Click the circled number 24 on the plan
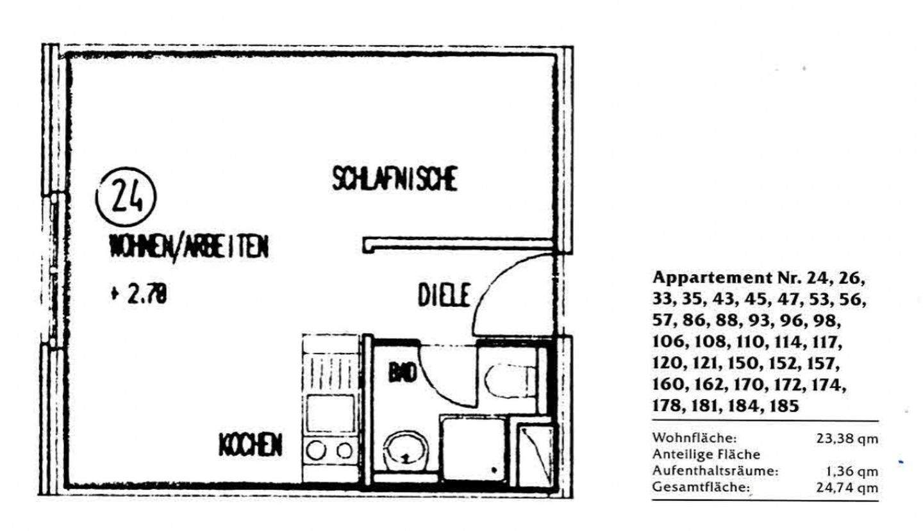(126, 197)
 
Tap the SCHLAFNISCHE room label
(395, 179)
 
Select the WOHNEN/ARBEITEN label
(188, 247)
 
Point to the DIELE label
(444, 295)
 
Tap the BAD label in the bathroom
(403, 374)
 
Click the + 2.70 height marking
(139, 295)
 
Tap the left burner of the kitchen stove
(317, 450)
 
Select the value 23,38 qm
(847, 439)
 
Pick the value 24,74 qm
(847, 487)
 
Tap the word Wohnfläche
(695, 437)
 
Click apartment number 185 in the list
(784, 406)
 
